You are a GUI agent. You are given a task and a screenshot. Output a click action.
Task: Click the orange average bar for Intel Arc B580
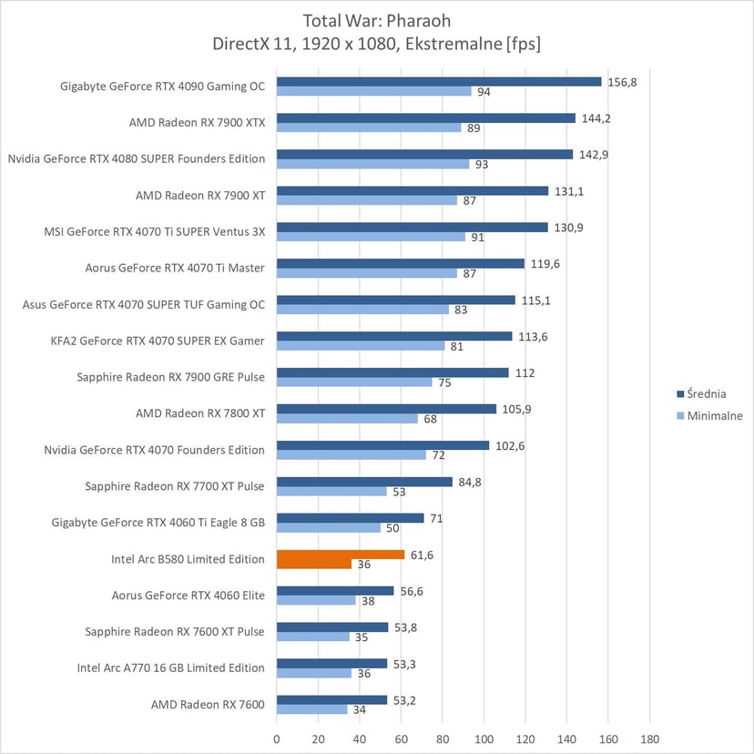pyautogui.click(x=341, y=554)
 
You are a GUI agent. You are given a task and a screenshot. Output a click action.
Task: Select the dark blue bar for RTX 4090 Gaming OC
pyautogui.click(x=439, y=81)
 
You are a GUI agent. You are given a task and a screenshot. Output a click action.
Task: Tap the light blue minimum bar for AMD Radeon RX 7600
pyautogui.click(x=311, y=709)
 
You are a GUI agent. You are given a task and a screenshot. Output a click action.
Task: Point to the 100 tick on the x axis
pyautogui.click(x=484, y=739)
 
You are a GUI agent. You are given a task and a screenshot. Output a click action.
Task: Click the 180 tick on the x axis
pyautogui.click(x=649, y=739)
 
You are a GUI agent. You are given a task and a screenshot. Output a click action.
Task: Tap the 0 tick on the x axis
pyautogui.click(x=277, y=739)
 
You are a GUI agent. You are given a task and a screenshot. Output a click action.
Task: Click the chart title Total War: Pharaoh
pyautogui.click(x=377, y=19)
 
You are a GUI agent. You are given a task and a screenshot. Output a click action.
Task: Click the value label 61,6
pyautogui.click(x=421, y=554)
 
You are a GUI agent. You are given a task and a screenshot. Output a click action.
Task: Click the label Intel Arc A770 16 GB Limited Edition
pyautogui.click(x=171, y=667)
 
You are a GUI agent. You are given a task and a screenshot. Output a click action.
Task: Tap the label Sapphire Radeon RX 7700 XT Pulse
pyautogui.click(x=175, y=486)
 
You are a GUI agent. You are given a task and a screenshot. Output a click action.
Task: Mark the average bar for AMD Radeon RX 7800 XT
pyautogui.click(x=386, y=409)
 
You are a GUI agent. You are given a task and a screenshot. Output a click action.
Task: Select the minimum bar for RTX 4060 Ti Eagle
pyautogui.click(x=329, y=527)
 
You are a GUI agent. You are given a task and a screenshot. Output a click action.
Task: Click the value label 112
pyautogui.click(x=524, y=372)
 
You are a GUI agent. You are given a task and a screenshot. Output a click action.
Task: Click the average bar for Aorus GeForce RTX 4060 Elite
pyautogui.click(x=335, y=590)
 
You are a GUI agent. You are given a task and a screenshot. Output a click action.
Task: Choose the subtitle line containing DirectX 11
pyautogui.click(x=377, y=43)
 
